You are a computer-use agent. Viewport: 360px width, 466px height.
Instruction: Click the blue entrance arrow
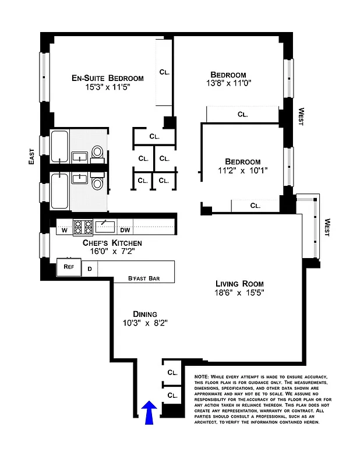click(x=149, y=412)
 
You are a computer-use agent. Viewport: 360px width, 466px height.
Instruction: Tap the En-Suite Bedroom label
click(x=107, y=78)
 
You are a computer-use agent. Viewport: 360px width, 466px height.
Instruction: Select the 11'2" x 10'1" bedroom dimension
click(x=242, y=172)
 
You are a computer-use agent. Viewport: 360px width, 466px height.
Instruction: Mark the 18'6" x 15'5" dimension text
click(x=239, y=293)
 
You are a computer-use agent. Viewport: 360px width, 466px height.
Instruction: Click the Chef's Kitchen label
click(x=112, y=242)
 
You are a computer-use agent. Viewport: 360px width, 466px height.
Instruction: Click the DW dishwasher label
click(x=125, y=230)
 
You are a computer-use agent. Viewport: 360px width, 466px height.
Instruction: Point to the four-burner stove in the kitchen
click(x=83, y=226)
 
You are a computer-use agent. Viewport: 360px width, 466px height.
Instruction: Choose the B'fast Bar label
click(x=143, y=278)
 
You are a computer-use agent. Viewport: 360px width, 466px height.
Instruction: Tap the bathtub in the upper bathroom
click(x=60, y=147)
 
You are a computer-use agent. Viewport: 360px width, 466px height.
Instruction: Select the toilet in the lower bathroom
click(x=98, y=184)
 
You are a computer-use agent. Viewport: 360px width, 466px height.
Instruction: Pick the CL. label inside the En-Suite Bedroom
click(x=165, y=73)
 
